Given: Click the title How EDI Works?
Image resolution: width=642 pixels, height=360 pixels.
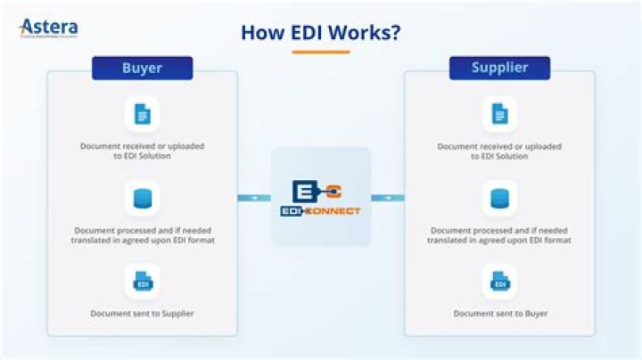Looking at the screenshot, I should (x=320, y=32).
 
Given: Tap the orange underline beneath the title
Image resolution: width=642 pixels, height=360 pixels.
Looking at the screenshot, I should (x=320, y=52).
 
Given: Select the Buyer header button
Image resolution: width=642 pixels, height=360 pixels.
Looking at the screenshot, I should (x=142, y=68).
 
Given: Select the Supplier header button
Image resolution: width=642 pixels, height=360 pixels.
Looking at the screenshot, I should (x=499, y=68).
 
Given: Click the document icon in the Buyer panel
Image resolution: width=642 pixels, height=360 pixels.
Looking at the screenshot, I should (x=142, y=114).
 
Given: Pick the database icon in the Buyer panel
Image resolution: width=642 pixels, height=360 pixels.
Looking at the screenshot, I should (x=142, y=199).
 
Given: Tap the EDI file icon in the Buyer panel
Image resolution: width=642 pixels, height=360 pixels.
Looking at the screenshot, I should (x=142, y=282).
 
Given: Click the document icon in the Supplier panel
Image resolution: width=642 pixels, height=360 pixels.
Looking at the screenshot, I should (x=499, y=114).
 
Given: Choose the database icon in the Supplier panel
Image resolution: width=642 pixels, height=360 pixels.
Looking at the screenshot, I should (x=499, y=199).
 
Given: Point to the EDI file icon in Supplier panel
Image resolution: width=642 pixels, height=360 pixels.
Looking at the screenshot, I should (x=499, y=282).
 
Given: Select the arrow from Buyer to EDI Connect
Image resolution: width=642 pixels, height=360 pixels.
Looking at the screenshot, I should (x=254, y=198).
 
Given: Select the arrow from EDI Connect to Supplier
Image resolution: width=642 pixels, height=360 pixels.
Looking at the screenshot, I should (x=387, y=198).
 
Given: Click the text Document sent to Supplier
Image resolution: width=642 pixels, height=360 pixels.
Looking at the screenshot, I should (x=142, y=314).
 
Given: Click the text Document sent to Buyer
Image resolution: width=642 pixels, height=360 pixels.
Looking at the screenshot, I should (x=499, y=314).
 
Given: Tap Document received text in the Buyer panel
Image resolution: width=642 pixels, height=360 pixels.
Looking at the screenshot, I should (x=142, y=151).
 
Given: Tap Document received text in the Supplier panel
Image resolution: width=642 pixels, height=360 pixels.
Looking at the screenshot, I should (x=499, y=151).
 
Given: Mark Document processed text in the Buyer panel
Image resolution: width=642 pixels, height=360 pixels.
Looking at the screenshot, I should (x=142, y=235).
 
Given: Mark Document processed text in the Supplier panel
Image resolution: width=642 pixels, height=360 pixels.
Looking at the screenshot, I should (x=499, y=235).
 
